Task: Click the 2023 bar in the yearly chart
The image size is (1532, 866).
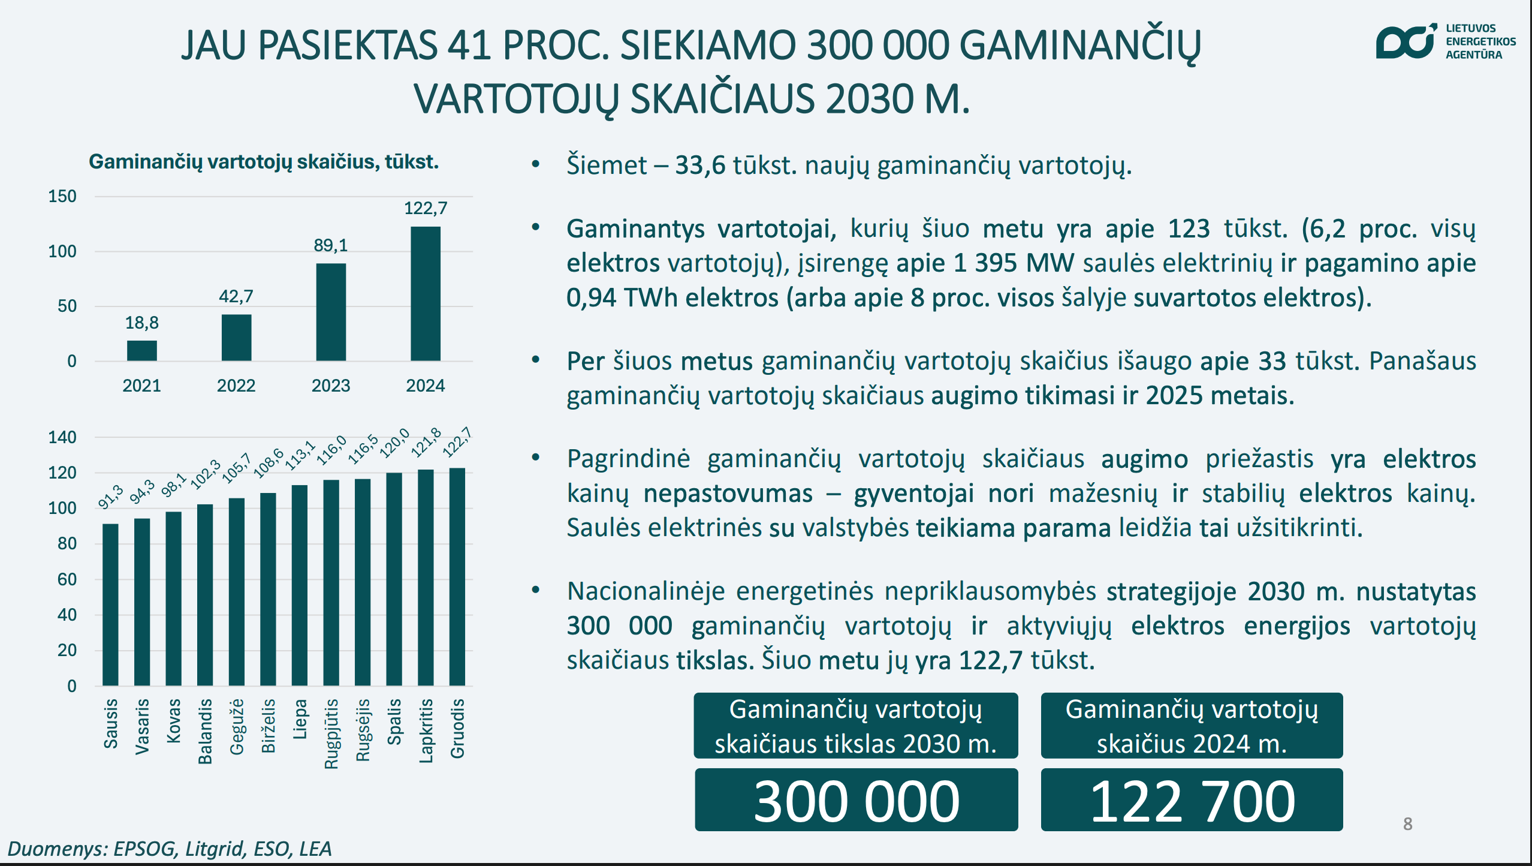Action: [331, 312]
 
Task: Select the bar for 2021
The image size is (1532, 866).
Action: [142, 351]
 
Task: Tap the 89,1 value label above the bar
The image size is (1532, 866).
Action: [331, 245]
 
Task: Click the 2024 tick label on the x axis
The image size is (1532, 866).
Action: [425, 386]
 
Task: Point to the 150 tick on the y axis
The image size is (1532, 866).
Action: [62, 197]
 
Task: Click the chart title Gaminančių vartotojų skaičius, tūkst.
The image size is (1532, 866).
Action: [264, 162]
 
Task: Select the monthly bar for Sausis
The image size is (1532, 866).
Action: [110, 605]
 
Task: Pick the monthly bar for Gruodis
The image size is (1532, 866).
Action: [457, 577]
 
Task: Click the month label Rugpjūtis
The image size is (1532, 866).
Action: [331, 733]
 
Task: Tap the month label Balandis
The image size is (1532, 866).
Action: [205, 731]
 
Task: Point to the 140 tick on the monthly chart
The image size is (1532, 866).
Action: [62, 437]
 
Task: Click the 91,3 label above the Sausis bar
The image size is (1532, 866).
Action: [111, 497]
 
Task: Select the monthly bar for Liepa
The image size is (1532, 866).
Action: [300, 585]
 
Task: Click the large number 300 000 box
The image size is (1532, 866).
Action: [856, 801]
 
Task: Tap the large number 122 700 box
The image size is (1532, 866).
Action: [1192, 801]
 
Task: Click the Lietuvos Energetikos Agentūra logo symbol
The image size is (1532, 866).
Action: [1406, 42]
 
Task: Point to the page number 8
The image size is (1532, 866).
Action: [1408, 824]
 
